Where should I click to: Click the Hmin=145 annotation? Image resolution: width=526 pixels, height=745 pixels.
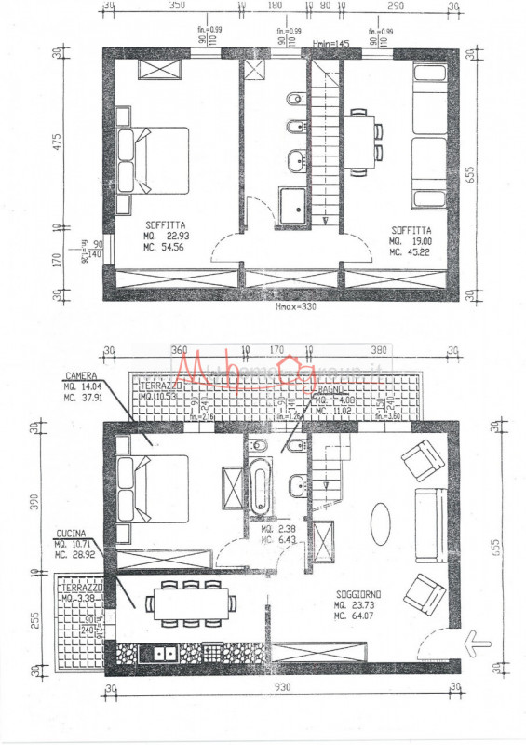[330, 43]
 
